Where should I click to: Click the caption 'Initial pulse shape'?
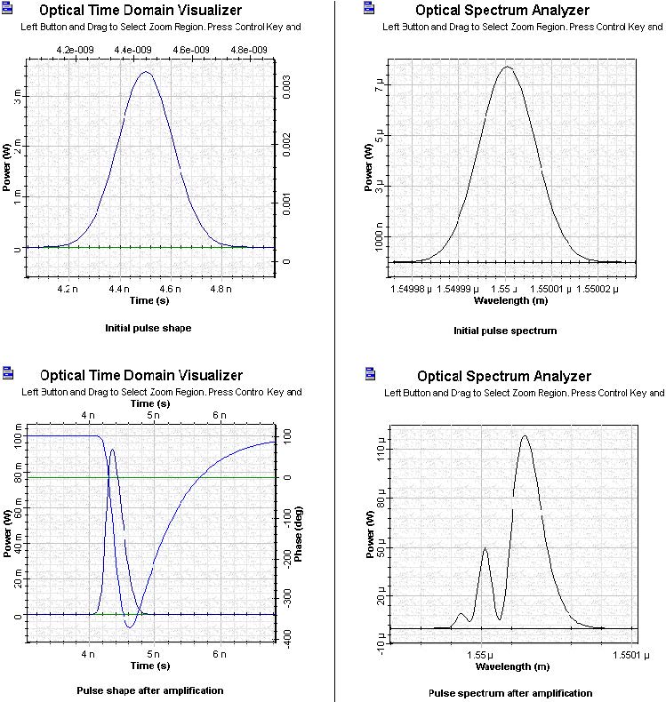coord(148,328)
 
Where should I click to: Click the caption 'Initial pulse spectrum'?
coord(504,331)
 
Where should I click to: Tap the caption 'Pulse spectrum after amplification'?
coord(510,693)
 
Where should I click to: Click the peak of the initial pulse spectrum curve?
coord(506,67)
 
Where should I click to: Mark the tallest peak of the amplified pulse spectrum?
coord(525,435)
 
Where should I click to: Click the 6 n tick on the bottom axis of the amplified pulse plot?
coord(219,653)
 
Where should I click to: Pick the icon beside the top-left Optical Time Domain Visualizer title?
coord(8,10)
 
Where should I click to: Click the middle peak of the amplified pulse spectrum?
coord(485,548)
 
